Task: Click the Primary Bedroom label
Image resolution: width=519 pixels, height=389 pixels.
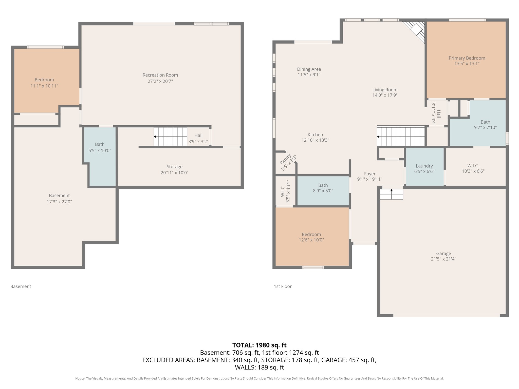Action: pos(467,58)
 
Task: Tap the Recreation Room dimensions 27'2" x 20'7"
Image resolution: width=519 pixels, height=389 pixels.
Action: pos(160,81)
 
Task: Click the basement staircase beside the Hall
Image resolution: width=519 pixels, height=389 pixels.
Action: pos(170,137)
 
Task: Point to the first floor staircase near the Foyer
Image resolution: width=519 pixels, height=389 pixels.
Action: pos(400,137)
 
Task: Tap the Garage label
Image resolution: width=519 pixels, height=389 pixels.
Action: pos(443,254)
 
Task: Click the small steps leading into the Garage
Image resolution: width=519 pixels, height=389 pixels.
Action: pos(391,194)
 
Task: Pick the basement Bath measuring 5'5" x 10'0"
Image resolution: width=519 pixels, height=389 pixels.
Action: pos(100,152)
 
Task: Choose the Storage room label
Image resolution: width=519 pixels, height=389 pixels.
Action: pos(174,167)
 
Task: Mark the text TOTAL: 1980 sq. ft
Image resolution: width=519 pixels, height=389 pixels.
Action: pos(259,345)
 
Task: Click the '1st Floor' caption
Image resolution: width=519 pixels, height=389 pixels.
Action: pos(283,286)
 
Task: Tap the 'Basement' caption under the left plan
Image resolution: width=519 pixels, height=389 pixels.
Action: pos(21,286)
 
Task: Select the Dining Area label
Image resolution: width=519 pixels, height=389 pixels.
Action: pos(309,69)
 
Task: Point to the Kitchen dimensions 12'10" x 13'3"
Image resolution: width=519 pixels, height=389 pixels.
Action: pos(315,140)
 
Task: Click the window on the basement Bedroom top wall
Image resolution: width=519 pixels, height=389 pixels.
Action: pos(45,47)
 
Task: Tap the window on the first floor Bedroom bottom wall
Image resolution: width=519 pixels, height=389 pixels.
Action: pos(313,267)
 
